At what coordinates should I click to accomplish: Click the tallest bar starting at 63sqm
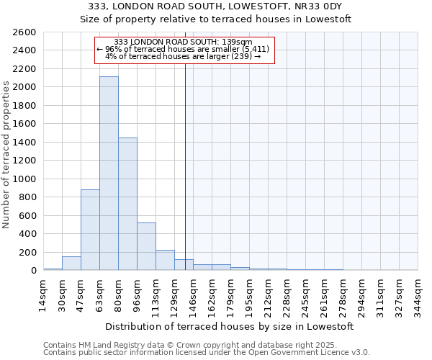click(109, 173)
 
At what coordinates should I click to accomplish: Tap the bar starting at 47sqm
click(90, 230)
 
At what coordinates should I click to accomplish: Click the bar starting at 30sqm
click(71, 264)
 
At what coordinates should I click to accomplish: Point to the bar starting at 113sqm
click(165, 260)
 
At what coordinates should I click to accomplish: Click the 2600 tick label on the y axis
click(24, 32)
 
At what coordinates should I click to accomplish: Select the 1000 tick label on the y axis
click(24, 179)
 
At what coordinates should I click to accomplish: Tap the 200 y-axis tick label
click(28, 252)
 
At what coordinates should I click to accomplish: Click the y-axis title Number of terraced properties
click(6, 155)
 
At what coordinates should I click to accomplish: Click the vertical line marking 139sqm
click(185, 180)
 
